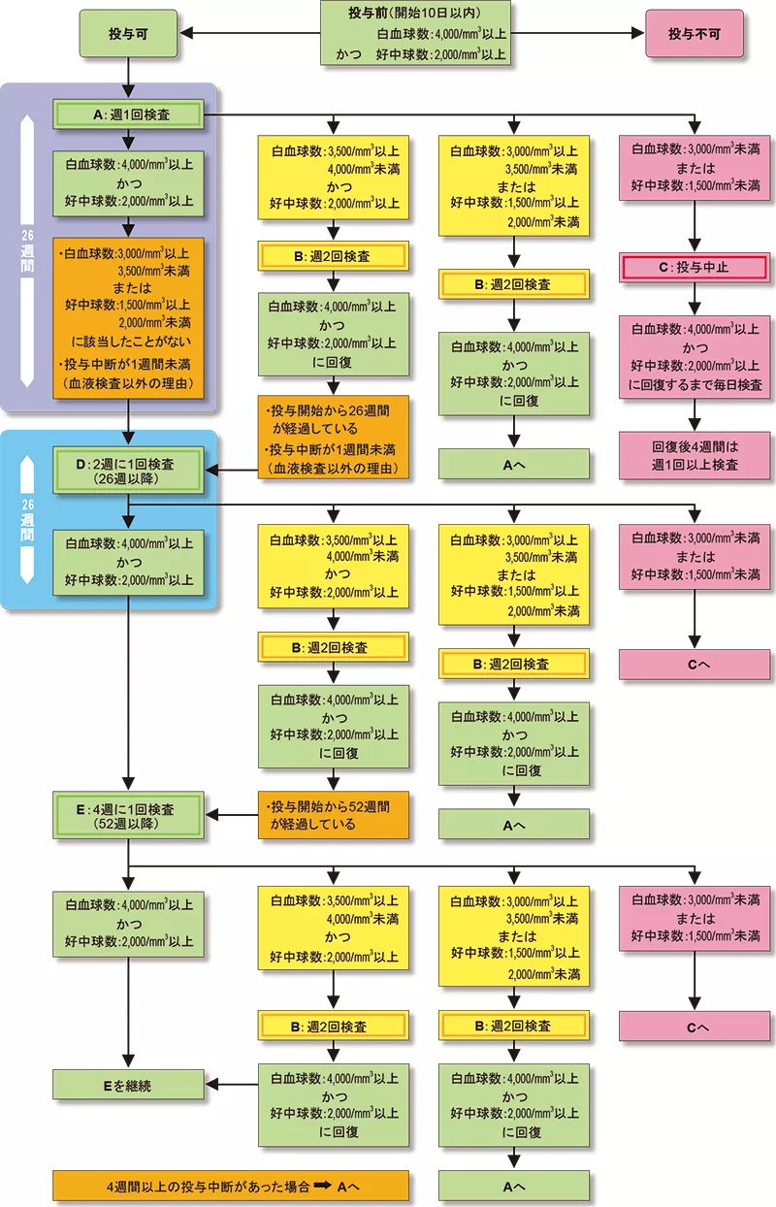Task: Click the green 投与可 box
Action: point(128,34)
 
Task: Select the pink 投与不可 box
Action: point(695,34)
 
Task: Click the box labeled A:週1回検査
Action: point(128,115)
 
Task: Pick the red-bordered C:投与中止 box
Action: point(695,267)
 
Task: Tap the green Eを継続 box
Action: point(128,1086)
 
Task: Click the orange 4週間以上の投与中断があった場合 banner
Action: point(231,1186)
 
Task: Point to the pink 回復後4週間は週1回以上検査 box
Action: point(695,456)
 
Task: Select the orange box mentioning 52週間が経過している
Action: point(333,816)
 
